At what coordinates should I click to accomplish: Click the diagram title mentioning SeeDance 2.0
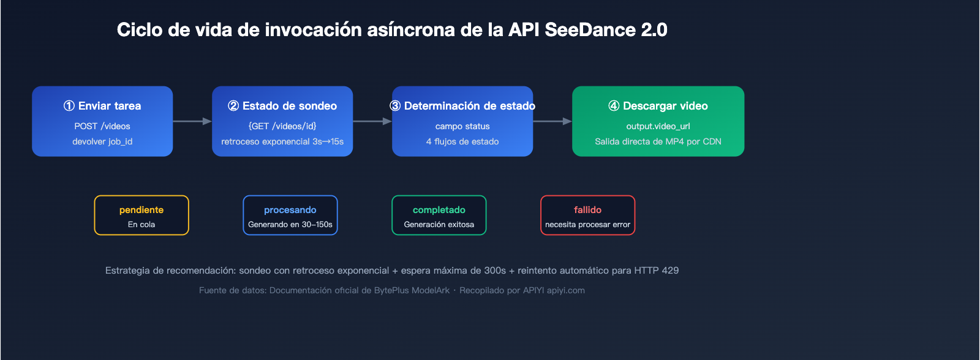(392, 29)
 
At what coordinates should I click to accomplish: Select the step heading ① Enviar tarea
(102, 106)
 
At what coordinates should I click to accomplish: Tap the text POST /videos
(102, 126)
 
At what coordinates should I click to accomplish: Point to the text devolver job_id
(102, 141)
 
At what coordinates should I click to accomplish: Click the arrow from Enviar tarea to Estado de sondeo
(192, 121)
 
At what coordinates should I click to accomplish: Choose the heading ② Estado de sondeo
(282, 106)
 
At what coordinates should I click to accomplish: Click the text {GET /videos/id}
(282, 126)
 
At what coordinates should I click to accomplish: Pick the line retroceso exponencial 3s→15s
(282, 141)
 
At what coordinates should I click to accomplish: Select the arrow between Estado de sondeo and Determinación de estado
(372, 121)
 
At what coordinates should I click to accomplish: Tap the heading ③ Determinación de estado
(462, 106)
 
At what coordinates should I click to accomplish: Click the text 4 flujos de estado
(462, 141)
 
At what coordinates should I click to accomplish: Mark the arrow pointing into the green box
(552, 121)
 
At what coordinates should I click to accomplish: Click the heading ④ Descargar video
(658, 106)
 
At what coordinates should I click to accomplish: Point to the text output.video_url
(658, 126)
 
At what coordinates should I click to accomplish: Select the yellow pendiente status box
(141, 216)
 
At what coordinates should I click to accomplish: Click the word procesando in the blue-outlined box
(290, 210)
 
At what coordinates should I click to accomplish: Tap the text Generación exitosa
(439, 225)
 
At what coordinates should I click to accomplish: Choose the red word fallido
(587, 210)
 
